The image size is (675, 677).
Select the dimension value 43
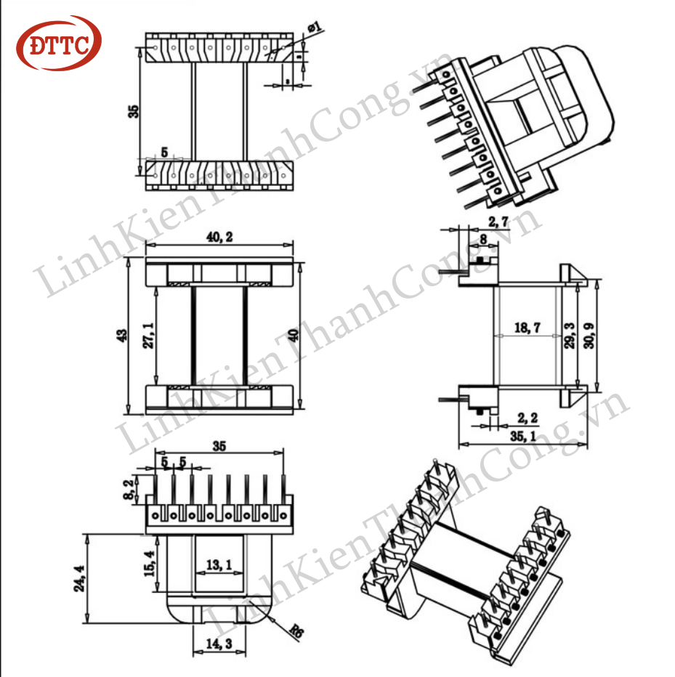click(x=122, y=336)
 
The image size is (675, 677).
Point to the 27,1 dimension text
click(x=148, y=336)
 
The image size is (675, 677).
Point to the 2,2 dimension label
click(x=528, y=418)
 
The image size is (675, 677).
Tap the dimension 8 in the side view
click(x=483, y=237)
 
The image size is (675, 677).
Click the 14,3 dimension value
click(x=219, y=644)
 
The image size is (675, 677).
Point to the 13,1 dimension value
click(x=219, y=564)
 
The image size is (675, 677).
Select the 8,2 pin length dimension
click(x=129, y=490)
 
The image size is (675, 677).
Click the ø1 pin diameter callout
click(x=315, y=28)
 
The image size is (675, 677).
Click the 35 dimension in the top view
click(x=132, y=111)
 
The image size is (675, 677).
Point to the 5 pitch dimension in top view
click(x=164, y=153)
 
